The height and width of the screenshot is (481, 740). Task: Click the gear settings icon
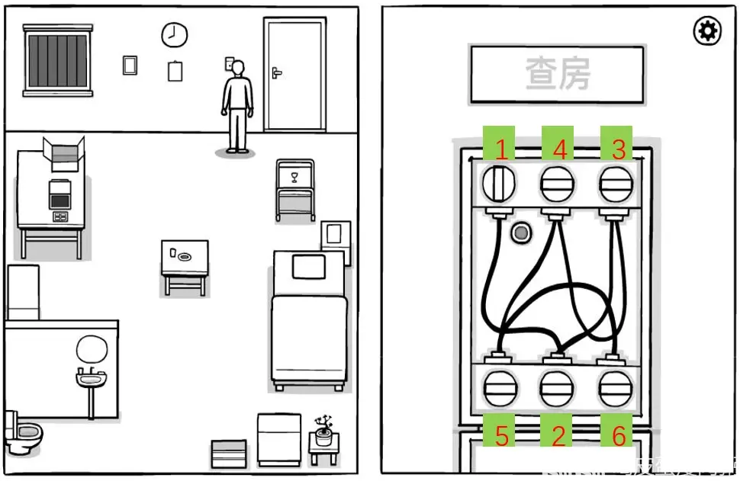[x=706, y=31]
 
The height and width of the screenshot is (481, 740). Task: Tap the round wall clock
[x=174, y=34]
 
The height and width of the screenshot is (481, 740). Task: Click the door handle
[x=276, y=73]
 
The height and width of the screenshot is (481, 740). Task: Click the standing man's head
[x=238, y=68]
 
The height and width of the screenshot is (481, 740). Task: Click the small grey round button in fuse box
[x=521, y=232]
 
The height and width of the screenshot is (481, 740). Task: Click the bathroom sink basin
[x=91, y=376]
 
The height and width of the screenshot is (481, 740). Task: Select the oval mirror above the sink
[x=92, y=350]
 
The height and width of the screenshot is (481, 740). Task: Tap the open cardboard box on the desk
[x=63, y=154]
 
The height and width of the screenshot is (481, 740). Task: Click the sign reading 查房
[x=558, y=74]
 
